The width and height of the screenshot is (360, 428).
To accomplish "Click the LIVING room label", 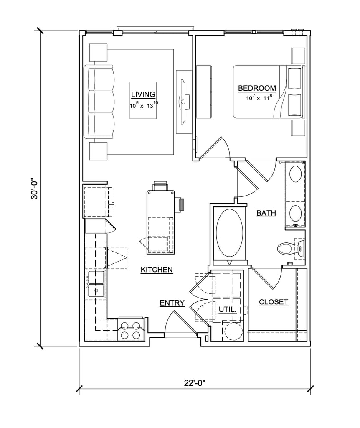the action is (x=143, y=94).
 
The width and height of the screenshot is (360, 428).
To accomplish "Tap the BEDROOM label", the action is (x=257, y=88).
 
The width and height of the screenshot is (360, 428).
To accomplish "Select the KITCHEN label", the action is (x=157, y=270).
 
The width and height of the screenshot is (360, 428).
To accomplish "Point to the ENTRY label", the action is (x=172, y=303).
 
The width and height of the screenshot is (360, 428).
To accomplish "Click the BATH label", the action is (x=266, y=213).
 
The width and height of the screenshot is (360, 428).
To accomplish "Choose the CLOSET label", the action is (x=273, y=302).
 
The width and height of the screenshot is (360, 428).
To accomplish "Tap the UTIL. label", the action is (x=228, y=310).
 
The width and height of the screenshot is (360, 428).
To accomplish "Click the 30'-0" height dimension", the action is (x=35, y=189).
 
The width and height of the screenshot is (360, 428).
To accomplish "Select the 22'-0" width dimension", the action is (x=194, y=383).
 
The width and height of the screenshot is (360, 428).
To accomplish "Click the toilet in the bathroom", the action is (x=291, y=248).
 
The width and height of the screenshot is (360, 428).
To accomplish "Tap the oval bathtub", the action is (x=229, y=233).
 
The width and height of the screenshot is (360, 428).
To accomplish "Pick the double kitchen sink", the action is (x=95, y=284).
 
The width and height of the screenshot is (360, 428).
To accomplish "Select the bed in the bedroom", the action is (x=269, y=92).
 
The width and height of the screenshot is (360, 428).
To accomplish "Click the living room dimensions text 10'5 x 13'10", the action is (x=144, y=105).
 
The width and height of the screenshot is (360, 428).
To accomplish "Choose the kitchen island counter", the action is (x=161, y=222).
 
